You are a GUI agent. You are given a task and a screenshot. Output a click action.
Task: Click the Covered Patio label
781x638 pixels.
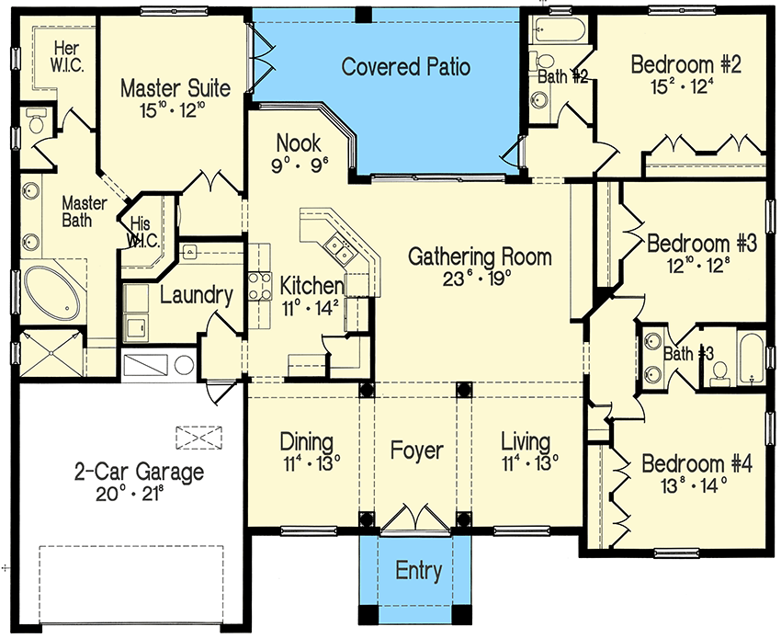point(405,67)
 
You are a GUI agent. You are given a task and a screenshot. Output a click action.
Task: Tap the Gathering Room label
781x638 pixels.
point(480,256)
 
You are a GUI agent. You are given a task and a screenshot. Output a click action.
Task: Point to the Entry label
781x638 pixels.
point(418,571)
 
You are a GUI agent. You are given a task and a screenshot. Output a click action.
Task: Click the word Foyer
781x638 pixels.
point(416,451)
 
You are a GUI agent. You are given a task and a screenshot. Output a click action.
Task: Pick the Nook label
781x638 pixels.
point(299,143)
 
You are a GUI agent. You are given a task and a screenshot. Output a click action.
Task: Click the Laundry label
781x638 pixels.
point(196,295)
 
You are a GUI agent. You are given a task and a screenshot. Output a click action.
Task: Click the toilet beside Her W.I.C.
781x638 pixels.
point(36,120)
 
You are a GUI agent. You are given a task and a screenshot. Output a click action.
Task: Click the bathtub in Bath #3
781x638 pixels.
point(751,359)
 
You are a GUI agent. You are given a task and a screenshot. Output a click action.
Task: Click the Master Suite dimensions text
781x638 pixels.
point(175,111)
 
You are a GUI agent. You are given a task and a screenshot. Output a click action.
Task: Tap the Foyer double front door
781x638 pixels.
point(416,518)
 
